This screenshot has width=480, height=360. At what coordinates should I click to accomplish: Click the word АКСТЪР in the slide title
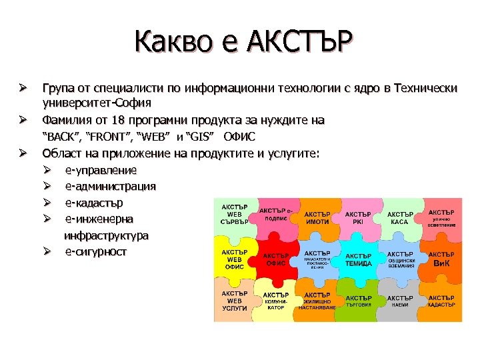pyautogui.click(x=297, y=43)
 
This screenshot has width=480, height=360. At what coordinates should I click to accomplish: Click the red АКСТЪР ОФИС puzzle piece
pyautogui.click(x=275, y=259)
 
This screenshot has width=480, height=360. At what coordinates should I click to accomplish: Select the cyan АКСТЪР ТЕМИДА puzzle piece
pyautogui.click(x=359, y=259)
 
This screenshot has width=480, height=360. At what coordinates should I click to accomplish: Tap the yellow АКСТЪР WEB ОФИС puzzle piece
pyautogui.click(x=234, y=259)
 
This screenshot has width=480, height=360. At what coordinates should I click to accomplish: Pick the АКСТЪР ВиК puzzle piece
pyautogui.click(x=441, y=259)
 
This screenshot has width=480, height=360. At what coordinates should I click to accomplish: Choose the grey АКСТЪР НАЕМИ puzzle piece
pyautogui.click(x=400, y=301)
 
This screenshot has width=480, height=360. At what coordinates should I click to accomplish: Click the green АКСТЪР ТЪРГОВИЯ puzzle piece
pyautogui.click(x=359, y=301)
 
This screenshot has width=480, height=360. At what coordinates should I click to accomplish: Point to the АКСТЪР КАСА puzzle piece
pyautogui.click(x=400, y=217)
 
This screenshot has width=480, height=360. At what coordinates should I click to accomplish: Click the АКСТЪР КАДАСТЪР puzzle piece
pyautogui.click(x=441, y=301)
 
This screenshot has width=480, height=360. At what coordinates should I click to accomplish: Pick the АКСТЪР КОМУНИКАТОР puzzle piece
pyautogui.click(x=275, y=301)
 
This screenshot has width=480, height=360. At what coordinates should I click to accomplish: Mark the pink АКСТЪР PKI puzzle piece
pyautogui.click(x=359, y=217)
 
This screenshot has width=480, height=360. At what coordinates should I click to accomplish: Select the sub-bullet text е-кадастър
pyautogui.click(x=94, y=202)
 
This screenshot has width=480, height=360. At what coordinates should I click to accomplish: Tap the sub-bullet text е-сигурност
pyautogui.click(x=95, y=251)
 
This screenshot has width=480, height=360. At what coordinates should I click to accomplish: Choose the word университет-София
pyautogui.click(x=97, y=103)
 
